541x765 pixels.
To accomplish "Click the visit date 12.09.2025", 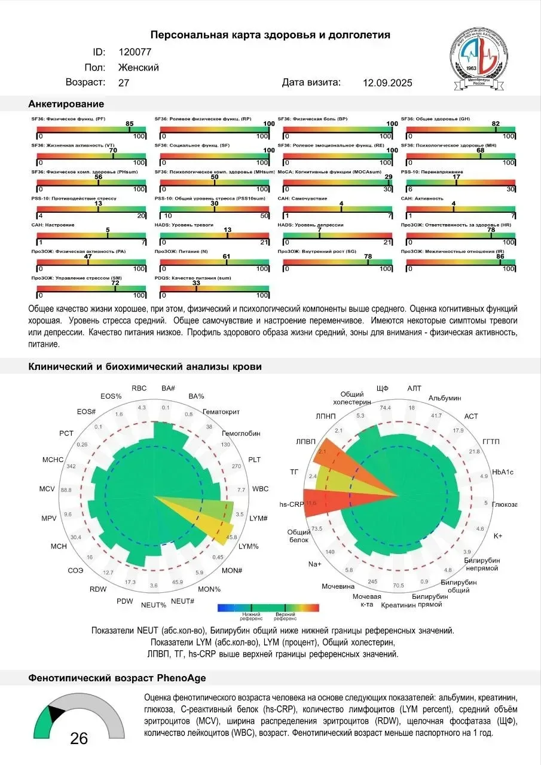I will click(x=387, y=83).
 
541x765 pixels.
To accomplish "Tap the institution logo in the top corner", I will click(x=480, y=54).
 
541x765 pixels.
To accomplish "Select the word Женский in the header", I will click(x=139, y=68).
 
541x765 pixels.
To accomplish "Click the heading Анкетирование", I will click(x=66, y=104).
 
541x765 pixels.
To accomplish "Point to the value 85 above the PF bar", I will click(x=129, y=124).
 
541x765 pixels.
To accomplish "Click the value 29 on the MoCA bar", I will click(x=388, y=177).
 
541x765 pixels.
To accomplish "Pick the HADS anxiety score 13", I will click(x=227, y=229).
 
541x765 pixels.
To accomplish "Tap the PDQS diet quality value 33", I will click(x=196, y=283).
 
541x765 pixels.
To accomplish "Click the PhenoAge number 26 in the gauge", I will click(x=79, y=739).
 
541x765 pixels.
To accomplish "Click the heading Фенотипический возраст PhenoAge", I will click(x=117, y=678).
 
